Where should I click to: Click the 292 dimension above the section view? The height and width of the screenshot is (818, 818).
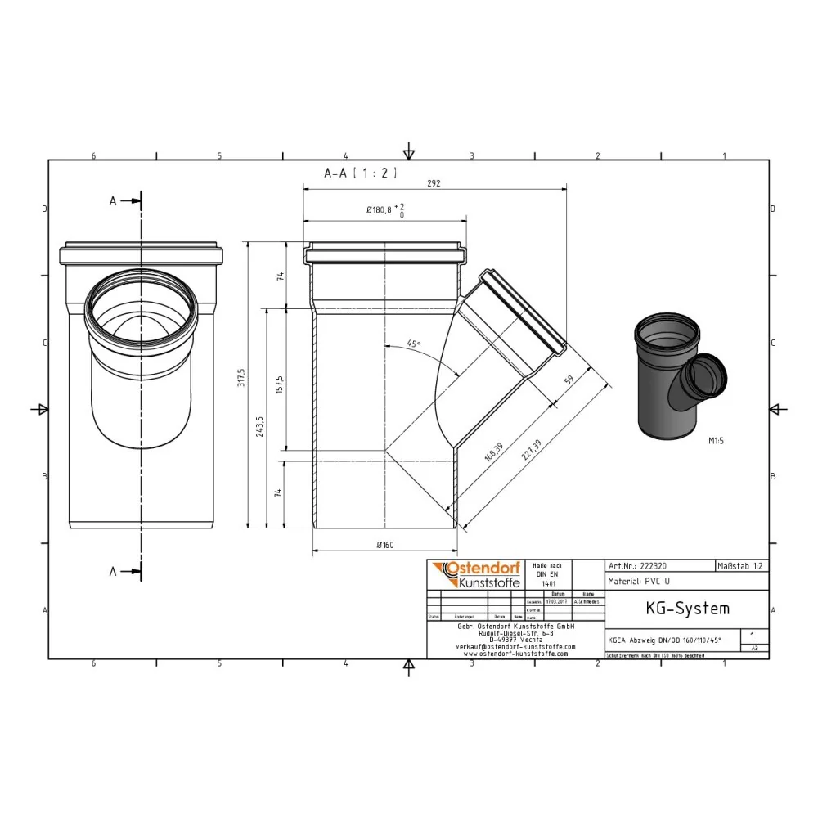point(434,184)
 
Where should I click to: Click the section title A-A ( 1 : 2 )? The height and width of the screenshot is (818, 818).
point(361,173)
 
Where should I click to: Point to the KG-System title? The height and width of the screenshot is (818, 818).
point(676,609)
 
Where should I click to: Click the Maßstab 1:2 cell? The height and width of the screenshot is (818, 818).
point(741,566)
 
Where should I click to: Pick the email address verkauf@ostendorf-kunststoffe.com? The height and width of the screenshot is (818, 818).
point(515,646)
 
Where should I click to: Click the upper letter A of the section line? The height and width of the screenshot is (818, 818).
point(113,200)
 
